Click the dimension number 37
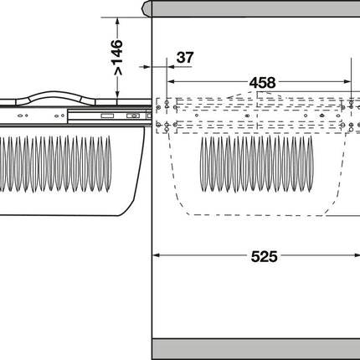[x=185, y=58]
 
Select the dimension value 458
[x=262, y=83]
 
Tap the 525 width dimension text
[x=264, y=256]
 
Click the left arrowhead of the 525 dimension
[x=157, y=255]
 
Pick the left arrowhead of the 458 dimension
[x=171, y=81]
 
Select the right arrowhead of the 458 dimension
[x=347, y=81]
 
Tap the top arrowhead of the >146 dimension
[x=118, y=21]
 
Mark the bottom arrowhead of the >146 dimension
[x=118, y=95]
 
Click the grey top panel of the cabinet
[x=255, y=8]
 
